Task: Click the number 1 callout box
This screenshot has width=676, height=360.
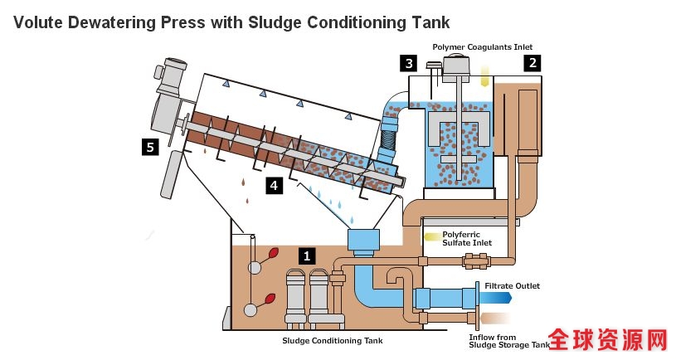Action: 307,255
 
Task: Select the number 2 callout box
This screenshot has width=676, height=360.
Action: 533,62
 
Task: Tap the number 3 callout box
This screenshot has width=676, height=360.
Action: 407,62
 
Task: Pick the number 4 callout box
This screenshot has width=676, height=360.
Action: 273,186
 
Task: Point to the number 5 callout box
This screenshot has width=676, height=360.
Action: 149,147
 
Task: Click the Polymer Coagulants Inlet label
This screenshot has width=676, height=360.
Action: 482,46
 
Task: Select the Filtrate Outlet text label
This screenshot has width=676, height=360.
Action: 512,286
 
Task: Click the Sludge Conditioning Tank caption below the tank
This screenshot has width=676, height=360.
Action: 333,340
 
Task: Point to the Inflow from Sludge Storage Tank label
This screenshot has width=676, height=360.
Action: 508,341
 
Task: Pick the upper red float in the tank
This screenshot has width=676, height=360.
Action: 271,255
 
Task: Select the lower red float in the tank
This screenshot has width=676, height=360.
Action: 270,299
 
